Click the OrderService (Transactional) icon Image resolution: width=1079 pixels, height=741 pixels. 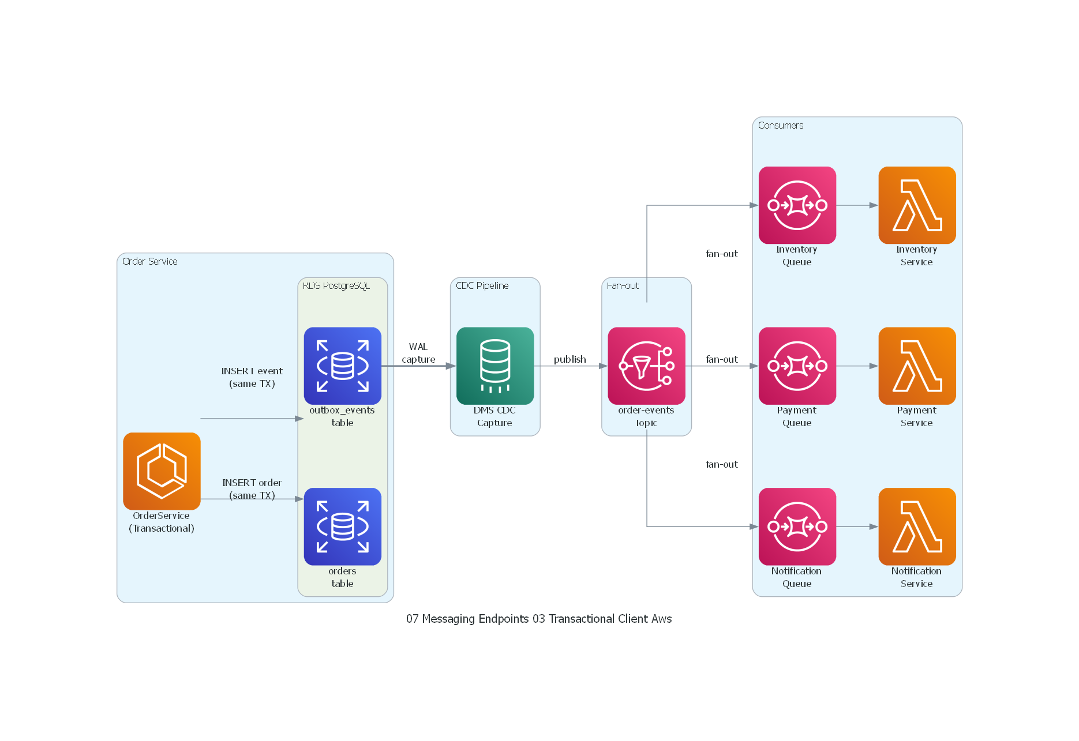point(162,471)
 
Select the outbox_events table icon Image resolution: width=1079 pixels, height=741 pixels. point(342,366)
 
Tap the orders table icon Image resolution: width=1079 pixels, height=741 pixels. point(342,526)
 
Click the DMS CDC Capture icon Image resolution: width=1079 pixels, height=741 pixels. point(494,366)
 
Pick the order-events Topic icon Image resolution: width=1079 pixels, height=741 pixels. point(646,366)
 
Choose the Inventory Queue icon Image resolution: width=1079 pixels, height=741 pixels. point(797,205)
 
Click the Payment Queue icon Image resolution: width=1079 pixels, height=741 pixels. point(797,366)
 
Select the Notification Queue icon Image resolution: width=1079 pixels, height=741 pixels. point(797,526)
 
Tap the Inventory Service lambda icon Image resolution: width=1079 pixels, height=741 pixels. point(917,205)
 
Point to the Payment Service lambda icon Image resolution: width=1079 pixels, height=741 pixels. point(917,366)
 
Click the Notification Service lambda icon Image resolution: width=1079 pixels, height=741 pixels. point(917,526)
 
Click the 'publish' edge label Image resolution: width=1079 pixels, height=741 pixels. point(570,359)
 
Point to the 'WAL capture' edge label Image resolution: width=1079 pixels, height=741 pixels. point(418,353)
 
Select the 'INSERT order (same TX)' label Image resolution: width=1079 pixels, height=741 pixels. point(252,489)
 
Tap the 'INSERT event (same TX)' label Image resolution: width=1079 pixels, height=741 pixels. point(252,377)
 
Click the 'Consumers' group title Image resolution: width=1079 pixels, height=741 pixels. point(780,125)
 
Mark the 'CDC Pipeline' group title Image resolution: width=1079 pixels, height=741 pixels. point(482,285)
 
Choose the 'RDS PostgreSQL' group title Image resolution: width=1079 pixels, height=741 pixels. point(336,285)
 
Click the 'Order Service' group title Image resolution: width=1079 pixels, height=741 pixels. point(149,261)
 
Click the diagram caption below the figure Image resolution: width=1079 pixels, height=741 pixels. point(539,619)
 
